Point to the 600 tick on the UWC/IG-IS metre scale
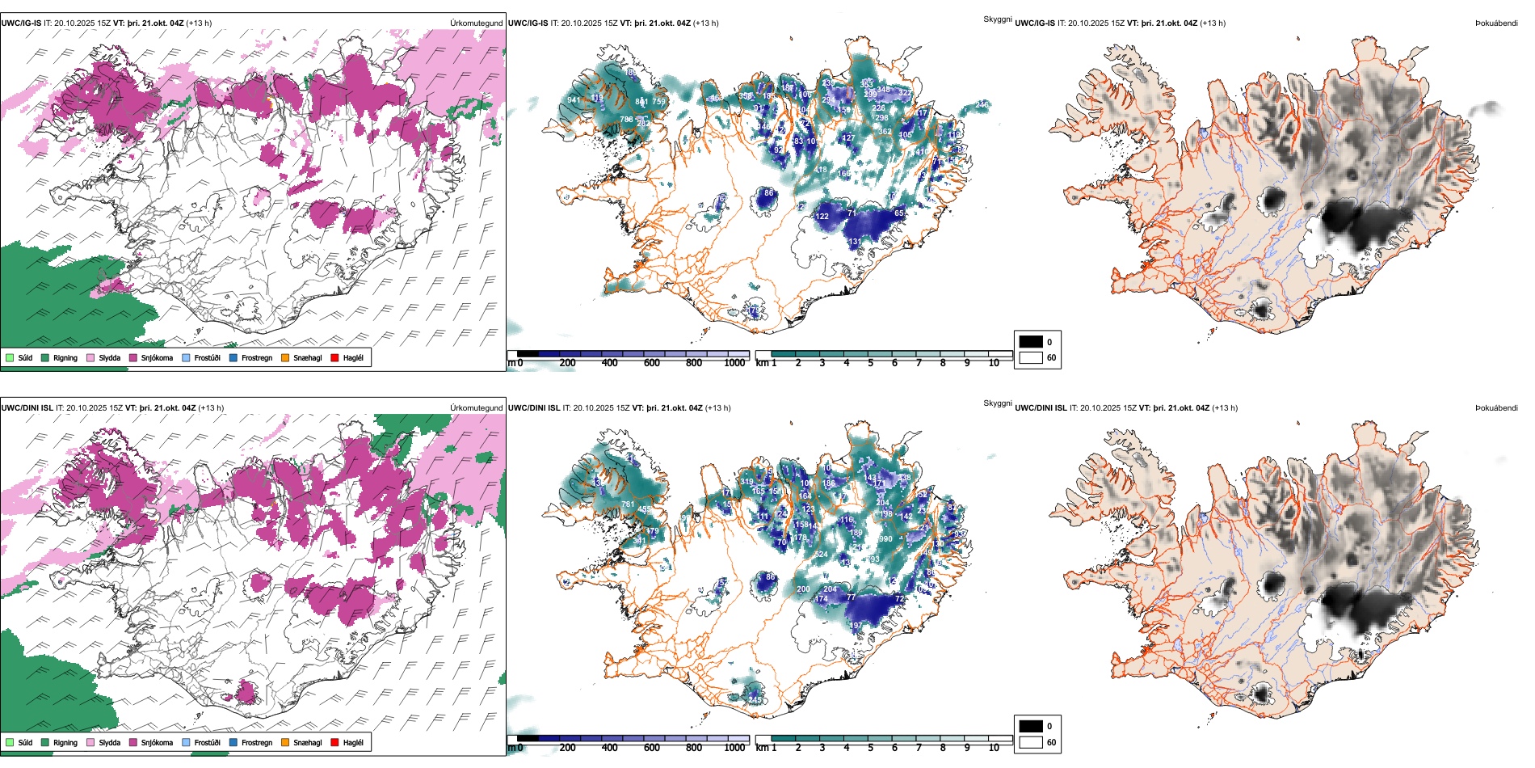click(652, 363)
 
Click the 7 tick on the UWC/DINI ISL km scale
click(919, 748)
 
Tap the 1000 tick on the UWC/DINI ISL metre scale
click(734, 748)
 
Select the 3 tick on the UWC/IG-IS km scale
click(822, 363)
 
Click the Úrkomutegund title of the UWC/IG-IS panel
click(477, 23)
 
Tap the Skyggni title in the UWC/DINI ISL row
click(998, 403)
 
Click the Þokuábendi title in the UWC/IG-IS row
click(1496, 23)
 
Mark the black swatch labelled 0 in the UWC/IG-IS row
click(1031, 342)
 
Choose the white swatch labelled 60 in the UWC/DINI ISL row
click(1031, 742)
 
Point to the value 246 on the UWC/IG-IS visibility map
click(982, 105)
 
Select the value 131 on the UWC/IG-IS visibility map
click(855, 242)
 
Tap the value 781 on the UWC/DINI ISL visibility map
click(628, 504)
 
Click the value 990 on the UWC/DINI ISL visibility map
click(885, 539)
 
